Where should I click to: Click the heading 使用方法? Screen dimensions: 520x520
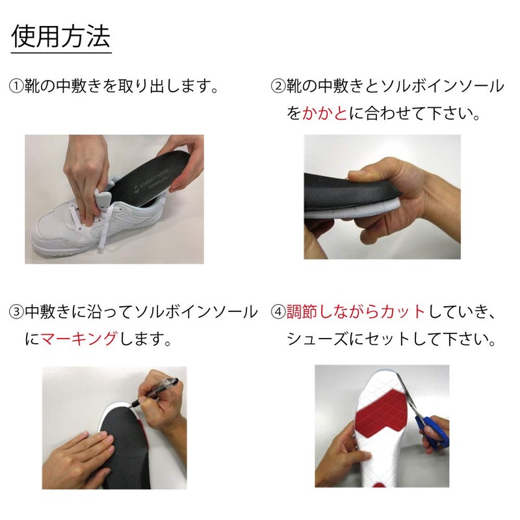point(60,36)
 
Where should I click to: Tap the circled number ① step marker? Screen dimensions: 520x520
point(16,86)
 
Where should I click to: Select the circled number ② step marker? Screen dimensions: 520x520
point(278,86)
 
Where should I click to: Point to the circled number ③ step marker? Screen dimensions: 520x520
point(16,312)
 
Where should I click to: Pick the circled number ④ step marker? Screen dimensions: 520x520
point(278,312)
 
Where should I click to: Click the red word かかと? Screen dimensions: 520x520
point(324,113)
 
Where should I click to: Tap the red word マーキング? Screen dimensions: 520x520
point(79,339)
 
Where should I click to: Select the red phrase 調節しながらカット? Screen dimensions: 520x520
point(356,312)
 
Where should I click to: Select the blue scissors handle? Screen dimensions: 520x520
point(433,431)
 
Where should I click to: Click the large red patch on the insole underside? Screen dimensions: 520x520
point(383,415)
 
